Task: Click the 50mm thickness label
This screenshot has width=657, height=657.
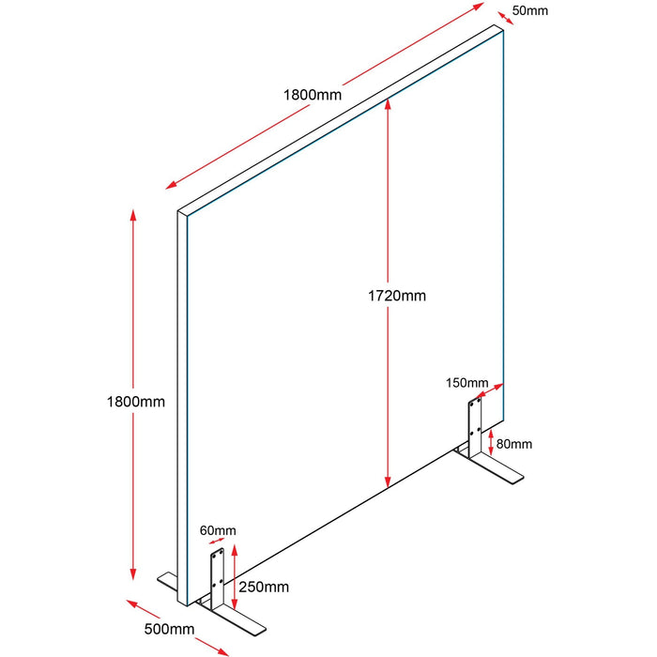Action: pyautogui.click(x=529, y=10)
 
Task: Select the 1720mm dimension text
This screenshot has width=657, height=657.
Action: pyautogui.click(x=397, y=296)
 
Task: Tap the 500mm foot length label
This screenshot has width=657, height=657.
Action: pyautogui.click(x=169, y=629)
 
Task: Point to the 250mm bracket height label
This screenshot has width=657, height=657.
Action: pyautogui.click(x=264, y=587)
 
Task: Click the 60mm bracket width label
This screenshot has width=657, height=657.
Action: pyautogui.click(x=218, y=530)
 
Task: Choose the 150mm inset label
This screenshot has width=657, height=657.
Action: pyautogui.click(x=466, y=383)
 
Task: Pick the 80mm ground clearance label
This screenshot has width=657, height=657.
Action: pyautogui.click(x=514, y=444)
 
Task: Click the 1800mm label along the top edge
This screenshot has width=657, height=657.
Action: pyautogui.click(x=313, y=95)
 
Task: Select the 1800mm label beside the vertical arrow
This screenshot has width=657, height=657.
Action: pyautogui.click(x=136, y=402)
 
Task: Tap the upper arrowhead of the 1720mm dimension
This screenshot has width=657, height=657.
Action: pyautogui.click(x=388, y=104)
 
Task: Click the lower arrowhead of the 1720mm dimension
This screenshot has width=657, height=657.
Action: pyautogui.click(x=388, y=481)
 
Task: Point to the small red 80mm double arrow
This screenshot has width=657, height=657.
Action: pyautogui.click(x=491, y=442)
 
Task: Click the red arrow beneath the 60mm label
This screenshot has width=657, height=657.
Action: pyautogui.click(x=216, y=541)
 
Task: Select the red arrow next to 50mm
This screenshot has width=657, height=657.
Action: pyautogui.click(x=505, y=19)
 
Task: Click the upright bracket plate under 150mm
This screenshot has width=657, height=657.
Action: pyautogui.click(x=475, y=428)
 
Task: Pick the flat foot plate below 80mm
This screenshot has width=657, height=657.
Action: pyautogui.click(x=491, y=468)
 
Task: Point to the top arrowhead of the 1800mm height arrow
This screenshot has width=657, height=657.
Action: pyautogui.click(x=133, y=215)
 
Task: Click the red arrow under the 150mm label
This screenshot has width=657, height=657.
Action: pyautogui.click(x=490, y=390)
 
